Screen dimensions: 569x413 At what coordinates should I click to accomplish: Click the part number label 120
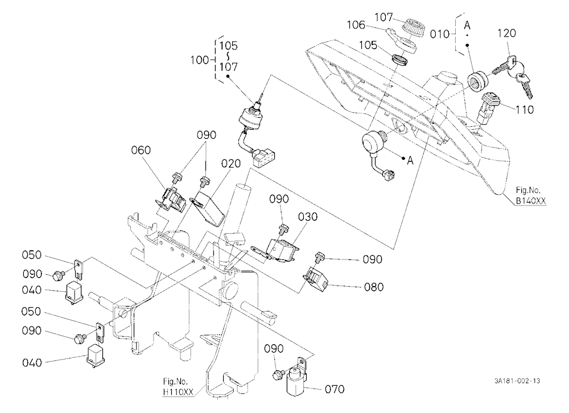[x=506, y=33]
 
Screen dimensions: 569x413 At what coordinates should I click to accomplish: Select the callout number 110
[x=525, y=109]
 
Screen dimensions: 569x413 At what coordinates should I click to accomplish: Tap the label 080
[x=374, y=287]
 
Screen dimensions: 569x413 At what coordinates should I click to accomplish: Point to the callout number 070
[x=335, y=390]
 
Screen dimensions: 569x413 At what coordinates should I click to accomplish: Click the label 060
[x=141, y=150]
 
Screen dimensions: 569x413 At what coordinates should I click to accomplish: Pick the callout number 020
[x=231, y=164]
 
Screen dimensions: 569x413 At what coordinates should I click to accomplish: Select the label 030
[x=308, y=217]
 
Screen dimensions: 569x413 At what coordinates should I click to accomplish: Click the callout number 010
[x=440, y=34]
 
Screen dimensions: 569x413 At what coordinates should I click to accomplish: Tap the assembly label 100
[x=200, y=60]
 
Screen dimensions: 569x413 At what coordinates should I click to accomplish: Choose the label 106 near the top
[x=356, y=24]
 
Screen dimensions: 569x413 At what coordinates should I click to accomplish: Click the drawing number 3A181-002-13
[x=517, y=381]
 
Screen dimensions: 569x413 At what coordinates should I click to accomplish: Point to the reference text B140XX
[x=531, y=200]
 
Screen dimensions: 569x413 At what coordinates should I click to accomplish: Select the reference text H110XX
[x=178, y=391]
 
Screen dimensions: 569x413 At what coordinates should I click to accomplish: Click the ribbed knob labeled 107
[x=414, y=27]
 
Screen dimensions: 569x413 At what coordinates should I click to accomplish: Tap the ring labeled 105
[x=401, y=60]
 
